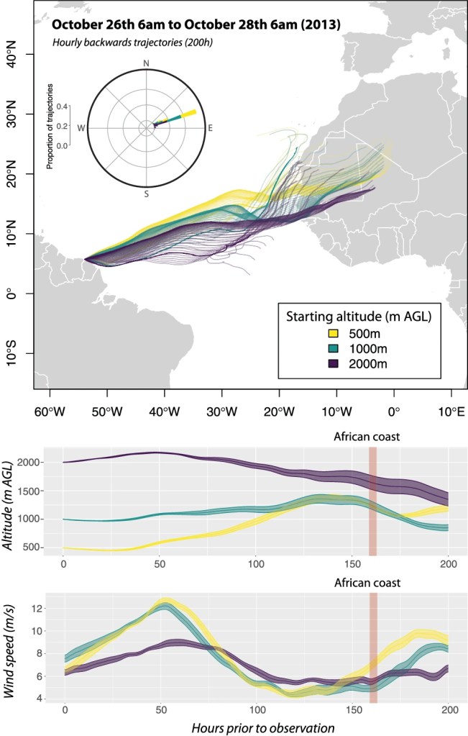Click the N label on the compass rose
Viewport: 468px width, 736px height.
point(147,64)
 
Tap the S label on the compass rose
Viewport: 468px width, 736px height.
point(147,194)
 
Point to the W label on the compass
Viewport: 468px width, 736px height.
point(81,128)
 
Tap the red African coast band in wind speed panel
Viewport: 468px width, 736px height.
point(372,648)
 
